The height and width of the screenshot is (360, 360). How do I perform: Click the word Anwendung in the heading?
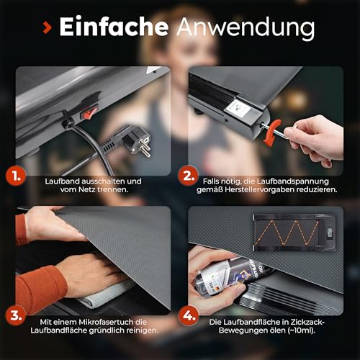pyautogui.click(x=245, y=29)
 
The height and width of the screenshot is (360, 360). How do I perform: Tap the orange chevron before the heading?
pyautogui.click(x=46, y=29)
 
